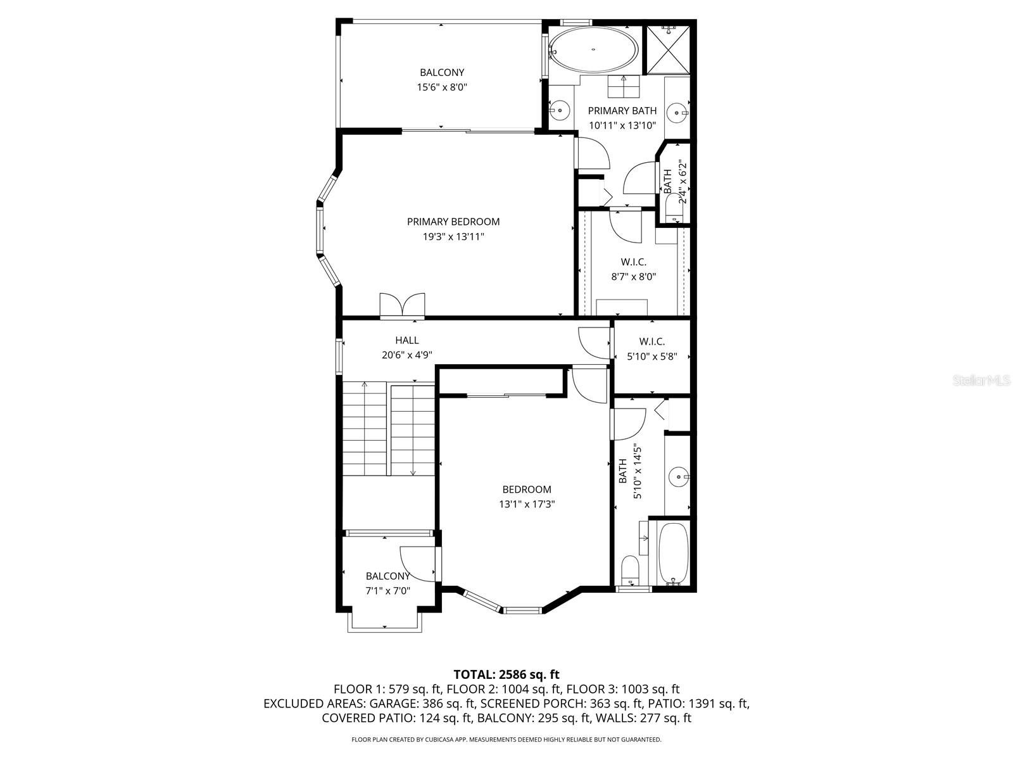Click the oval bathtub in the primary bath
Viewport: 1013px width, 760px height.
coord(593,49)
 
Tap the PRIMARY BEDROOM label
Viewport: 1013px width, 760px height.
coord(453,222)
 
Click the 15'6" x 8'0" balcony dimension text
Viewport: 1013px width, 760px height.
coord(441,87)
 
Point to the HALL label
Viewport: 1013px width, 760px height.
coord(406,340)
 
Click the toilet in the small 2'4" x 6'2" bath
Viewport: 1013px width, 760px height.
coord(672,209)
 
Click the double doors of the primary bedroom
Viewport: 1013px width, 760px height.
coord(402,305)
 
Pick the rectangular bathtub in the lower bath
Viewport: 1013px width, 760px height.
coord(673,553)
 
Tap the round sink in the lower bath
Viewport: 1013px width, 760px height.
coord(679,475)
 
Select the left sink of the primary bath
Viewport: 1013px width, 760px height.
coord(560,111)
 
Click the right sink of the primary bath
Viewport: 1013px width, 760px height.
coord(679,113)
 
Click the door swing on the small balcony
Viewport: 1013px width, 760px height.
coord(418,564)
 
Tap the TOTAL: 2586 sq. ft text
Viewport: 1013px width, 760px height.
coord(507,674)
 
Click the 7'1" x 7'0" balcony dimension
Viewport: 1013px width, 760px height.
coord(387,591)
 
